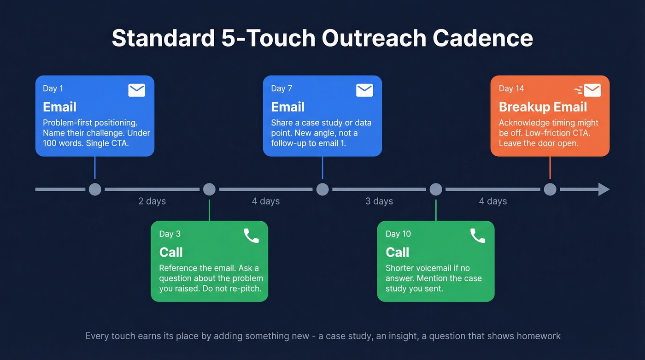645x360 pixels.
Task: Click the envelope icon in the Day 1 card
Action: click(x=136, y=90)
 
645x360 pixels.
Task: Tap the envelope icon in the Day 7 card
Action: click(x=364, y=90)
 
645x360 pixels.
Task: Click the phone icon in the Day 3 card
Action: click(x=251, y=236)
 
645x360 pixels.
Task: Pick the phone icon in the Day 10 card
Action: click(x=478, y=236)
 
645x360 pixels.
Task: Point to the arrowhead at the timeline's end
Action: click(x=604, y=189)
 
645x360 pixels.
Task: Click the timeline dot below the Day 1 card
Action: click(x=95, y=189)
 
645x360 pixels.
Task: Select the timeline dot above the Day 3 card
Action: click(x=209, y=189)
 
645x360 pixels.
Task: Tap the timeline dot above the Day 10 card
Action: click(x=436, y=189)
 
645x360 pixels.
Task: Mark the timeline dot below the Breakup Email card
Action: click(x=550, y=189)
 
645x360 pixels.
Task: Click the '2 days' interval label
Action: click(x=152, y=201)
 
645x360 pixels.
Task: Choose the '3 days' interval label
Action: click(x=379, y=201)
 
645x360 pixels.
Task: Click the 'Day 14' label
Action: click(x=511, y=89)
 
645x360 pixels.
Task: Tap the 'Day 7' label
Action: click(x=281, y=89)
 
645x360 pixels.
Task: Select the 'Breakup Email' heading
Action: click(x=543, y=107)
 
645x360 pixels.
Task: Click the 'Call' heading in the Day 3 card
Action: click(x=171, y=252)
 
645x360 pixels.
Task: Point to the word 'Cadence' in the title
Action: click(x=482, y=38)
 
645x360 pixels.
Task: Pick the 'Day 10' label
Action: click(x=398, y=234)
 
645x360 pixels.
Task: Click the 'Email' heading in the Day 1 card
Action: click(x=59, y=107)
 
